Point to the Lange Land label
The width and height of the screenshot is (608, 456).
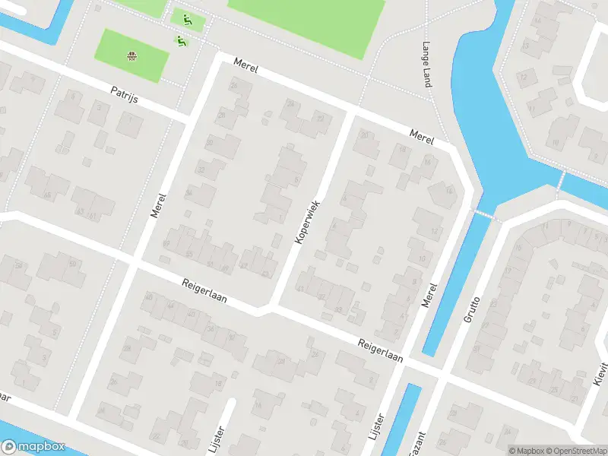[427, 64]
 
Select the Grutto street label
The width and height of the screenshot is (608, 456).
[472, 309]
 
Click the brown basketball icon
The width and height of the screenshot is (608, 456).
[132, 55]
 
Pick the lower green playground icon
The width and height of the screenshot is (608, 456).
[181, 40]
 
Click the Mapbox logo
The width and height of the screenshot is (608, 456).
[33, 447]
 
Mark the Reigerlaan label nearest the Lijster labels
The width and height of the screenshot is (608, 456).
[380, 350]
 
